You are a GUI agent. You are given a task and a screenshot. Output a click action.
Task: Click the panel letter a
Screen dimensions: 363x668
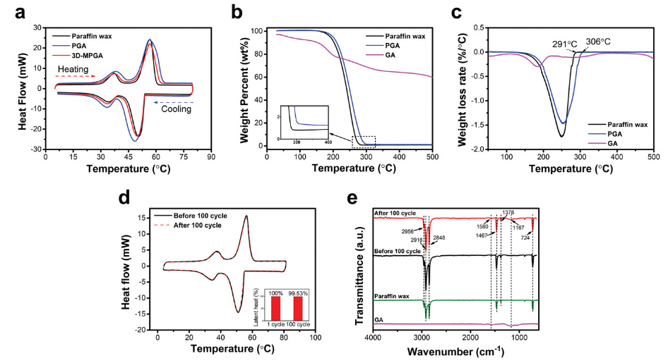pos(10,13)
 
